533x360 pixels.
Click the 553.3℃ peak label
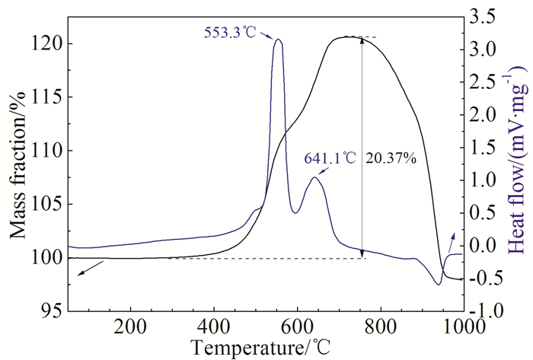pos(231,32)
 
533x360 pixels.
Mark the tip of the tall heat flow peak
pos(278,40)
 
